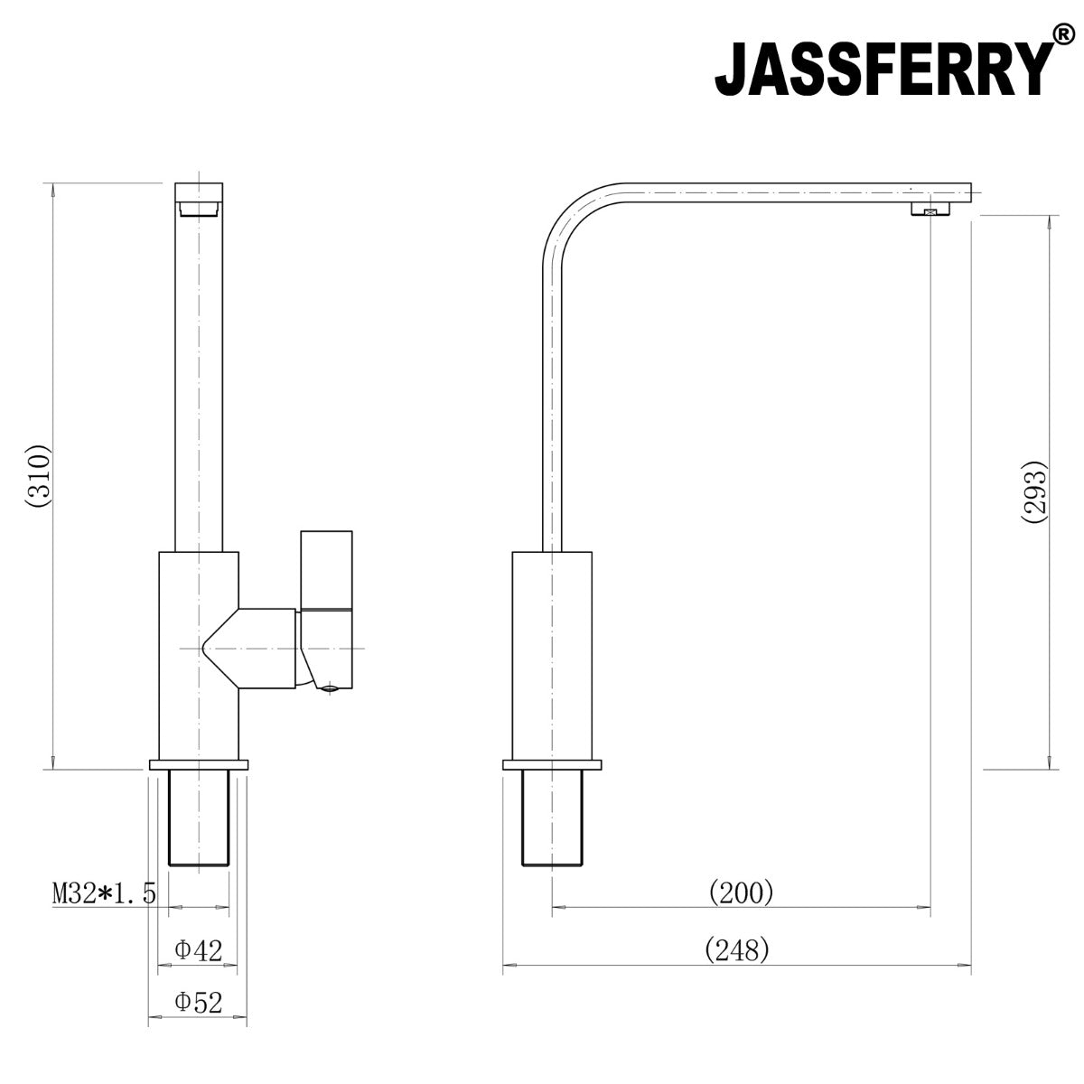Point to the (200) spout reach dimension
point(742,892)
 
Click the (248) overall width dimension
point(736,949)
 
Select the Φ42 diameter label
point(198,949)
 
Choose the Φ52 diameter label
point(198,1002)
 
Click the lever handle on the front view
point(326,569)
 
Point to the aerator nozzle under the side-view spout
point(930,210)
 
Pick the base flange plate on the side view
point(552,765)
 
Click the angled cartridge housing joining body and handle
point(257,649)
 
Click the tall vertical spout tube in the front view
point(198,379)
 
